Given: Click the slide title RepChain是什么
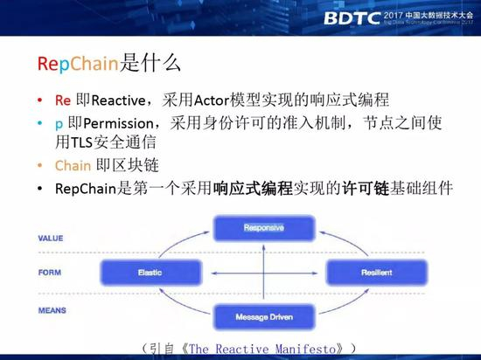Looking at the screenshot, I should [x=110, y=63].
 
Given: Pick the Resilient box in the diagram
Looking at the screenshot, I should [x=369, y=273].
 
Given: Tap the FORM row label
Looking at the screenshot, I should [x=49, y=272].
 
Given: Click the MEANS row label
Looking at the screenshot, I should [x=50, y=308].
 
